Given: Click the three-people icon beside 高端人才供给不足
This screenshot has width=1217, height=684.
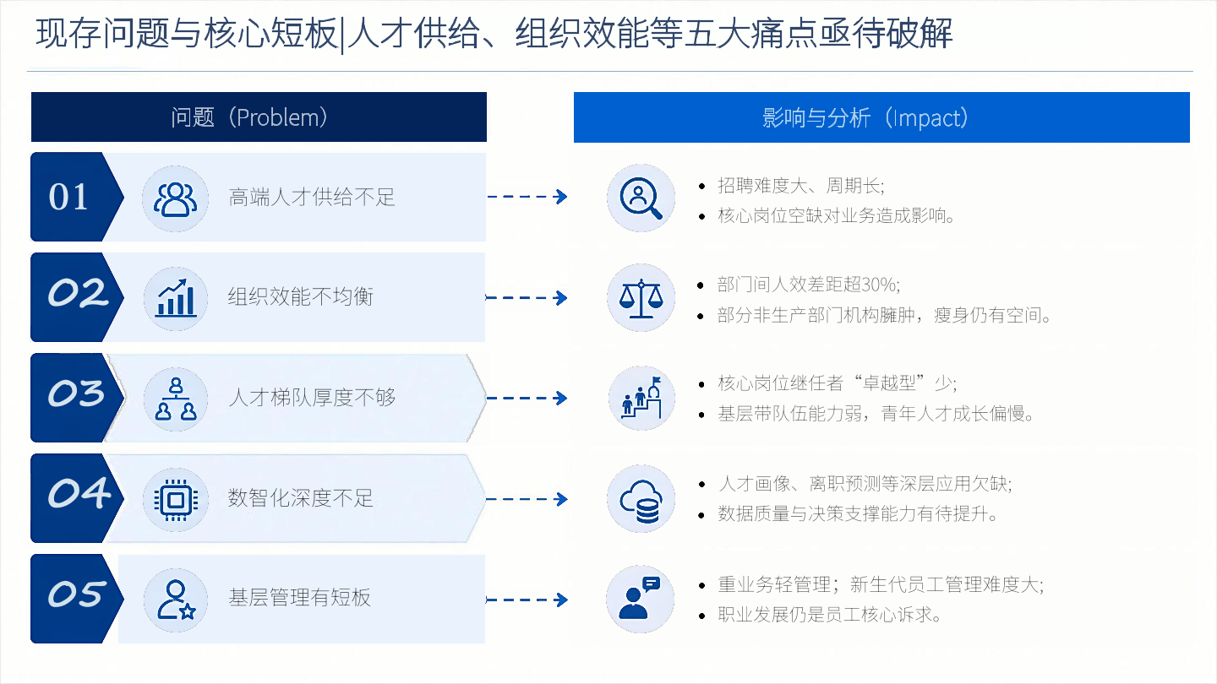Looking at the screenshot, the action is [175, 199].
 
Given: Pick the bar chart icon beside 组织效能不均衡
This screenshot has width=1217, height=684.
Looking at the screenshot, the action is [176, 298].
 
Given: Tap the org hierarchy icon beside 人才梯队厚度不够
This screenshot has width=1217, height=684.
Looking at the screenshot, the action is [176, 399].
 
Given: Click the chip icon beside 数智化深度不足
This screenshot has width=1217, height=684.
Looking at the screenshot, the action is [176, 499].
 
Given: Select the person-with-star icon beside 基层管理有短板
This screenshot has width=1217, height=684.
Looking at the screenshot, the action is [176, 600].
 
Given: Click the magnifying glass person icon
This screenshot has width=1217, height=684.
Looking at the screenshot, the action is [641, 198].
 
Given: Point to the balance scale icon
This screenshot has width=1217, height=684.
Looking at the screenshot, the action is [641, 298].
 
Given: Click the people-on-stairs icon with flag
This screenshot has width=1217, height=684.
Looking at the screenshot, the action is [641, 398].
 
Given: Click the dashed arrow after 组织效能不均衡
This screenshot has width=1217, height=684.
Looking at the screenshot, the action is [527, 297].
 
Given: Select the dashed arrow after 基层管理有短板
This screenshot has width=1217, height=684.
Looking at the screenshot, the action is [527, 600].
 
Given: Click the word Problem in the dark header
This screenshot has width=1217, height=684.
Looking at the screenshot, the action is [278, 117].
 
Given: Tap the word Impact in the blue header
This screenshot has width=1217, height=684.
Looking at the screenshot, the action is [926, 118].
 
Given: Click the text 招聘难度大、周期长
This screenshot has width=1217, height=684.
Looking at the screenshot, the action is [800, 186].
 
